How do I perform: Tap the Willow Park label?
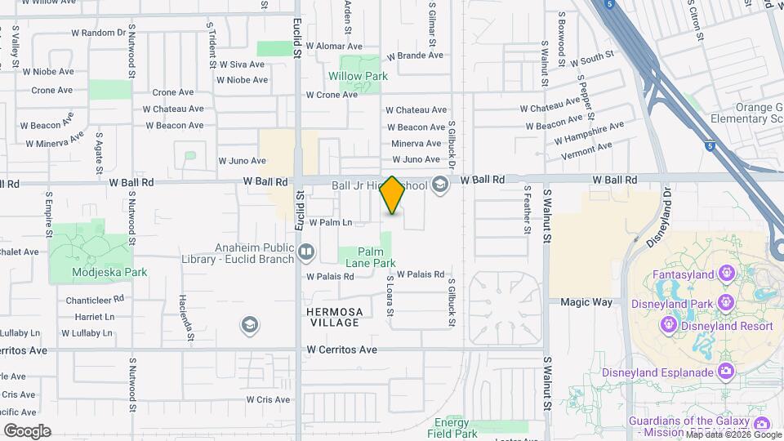tap(358, 77)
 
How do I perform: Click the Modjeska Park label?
tap(97, 272)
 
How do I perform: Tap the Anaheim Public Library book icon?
tap(305, 252)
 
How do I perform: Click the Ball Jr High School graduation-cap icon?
tap(440, 185)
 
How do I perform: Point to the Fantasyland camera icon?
tap(724, 274)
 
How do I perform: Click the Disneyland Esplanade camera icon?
tap(725, 372)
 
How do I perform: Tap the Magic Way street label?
tap(586, 302)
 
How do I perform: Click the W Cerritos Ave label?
tap(342, 350)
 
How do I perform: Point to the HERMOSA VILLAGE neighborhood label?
tap(333, 317)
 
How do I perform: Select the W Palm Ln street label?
tap(330, 222)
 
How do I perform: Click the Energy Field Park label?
tap(451, 428)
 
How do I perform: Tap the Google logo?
tap(27, 430)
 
